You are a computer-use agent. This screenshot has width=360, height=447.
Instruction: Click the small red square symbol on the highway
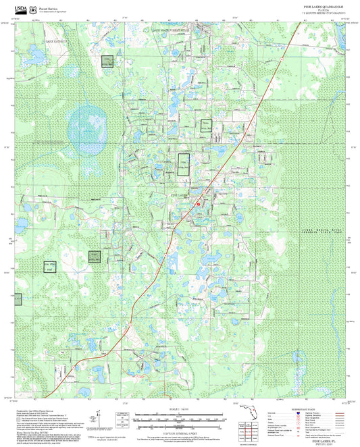coord(198,203)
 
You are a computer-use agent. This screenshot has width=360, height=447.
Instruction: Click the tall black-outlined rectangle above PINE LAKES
coord(184,165)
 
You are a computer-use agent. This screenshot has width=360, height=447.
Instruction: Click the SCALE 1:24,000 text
coord(179,408)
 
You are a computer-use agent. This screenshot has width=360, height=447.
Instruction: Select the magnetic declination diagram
coord(122,419)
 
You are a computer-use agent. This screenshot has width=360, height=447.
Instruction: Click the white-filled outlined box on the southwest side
coord(49,266)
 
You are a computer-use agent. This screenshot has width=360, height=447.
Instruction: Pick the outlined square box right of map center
coord(206,125)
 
